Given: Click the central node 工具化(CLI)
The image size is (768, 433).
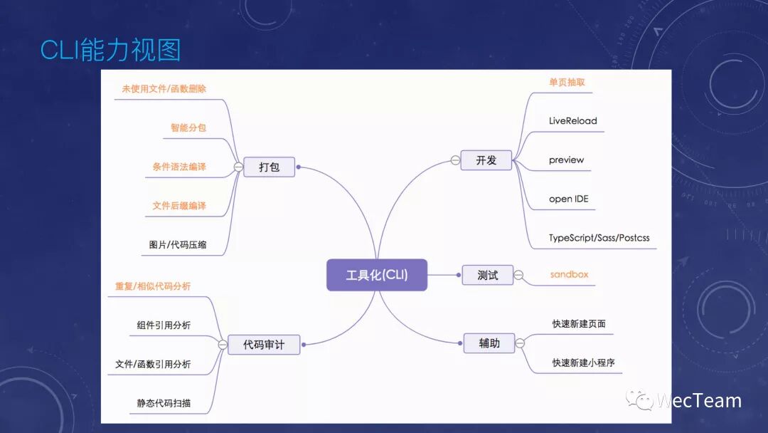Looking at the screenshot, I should [x=377, y=275].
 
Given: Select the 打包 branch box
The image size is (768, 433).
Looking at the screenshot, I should [x=269, y=167].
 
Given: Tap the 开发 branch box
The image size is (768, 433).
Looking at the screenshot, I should [x=486, y=160].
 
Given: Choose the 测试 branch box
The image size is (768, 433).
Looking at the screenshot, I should [x=487, y=275].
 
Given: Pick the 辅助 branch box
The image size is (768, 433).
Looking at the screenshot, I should [x=489, y=343].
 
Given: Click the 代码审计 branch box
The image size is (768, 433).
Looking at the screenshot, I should [x=263, y=345].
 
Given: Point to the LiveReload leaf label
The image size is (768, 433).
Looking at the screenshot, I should [x=572, y=121].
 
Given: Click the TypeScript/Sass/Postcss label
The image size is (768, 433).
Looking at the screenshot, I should [x=599, y=237].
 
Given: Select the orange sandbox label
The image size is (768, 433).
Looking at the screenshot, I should [x=569, y=274].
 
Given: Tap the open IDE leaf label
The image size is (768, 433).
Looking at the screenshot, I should [x=568, y=199].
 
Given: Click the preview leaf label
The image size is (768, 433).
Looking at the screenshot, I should [x=566, y=160].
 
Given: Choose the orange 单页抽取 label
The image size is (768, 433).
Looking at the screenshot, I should [x=567, y=82].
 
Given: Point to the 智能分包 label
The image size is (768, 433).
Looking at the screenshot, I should [x=188, y=128].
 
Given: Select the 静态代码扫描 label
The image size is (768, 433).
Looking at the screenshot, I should [x=164, y=403].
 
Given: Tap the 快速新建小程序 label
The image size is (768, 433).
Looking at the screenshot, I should [x=583, y=362].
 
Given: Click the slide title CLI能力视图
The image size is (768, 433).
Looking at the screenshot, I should [x=110, y=51].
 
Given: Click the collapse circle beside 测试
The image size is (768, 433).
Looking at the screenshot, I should [x=518, y=275].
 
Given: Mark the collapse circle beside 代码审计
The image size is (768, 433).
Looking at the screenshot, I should [x=223, y=345].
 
